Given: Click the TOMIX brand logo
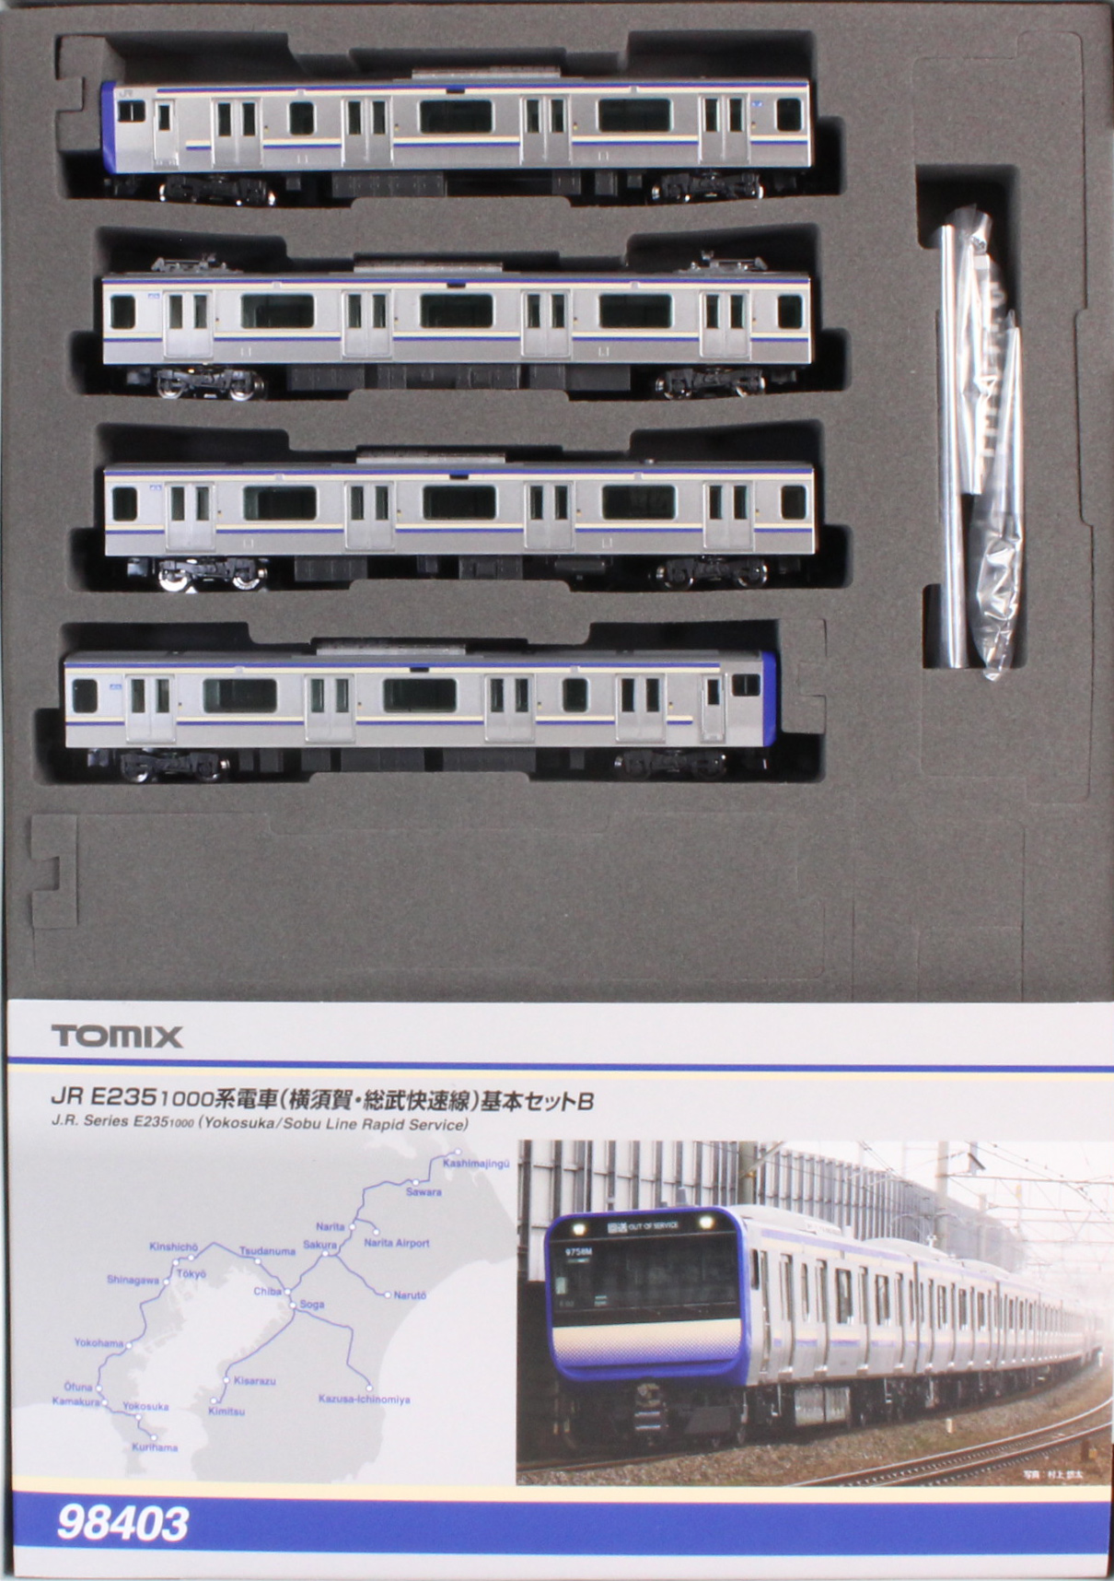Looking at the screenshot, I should point(117,1036).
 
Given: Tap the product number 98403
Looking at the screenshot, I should point(122,1523).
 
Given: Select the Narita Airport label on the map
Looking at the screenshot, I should point(396,1243).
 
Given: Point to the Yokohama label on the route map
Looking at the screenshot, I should point(99,1342).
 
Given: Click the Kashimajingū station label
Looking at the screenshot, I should point(476,1164).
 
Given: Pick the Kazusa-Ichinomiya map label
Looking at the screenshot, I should point(364,1399).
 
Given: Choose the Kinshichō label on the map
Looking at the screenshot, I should point(173,1247).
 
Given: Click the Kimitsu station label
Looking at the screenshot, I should point(226,1411).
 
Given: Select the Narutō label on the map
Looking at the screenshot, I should point(411,1294).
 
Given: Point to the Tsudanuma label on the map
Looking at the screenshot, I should point(267,1251).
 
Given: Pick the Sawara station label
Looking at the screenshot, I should point(424,1191).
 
